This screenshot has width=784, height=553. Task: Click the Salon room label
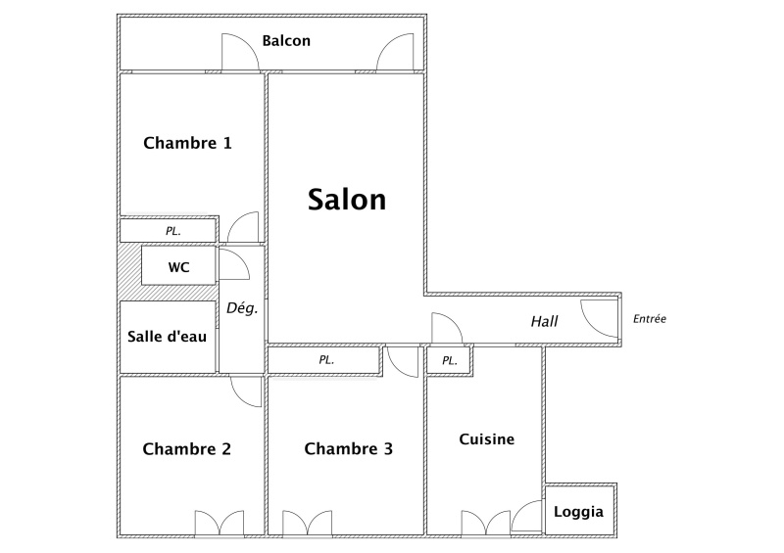pos(347,200)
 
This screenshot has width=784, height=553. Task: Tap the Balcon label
pos(286,40)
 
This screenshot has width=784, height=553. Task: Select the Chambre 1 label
pos(187,143)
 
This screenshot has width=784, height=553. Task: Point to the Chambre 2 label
pos(186,448)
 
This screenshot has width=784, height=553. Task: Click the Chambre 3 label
pos(348,448)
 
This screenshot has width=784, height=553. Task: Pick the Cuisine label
pos(486,439)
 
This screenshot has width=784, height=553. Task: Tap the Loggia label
pos(578,512)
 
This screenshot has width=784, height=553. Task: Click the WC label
pos(178,267)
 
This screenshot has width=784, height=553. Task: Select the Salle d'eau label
pos(167,336)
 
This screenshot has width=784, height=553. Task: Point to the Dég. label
pos(242,308)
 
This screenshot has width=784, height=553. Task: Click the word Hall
pos(544,321)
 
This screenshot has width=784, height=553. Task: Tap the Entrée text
pos(650,319)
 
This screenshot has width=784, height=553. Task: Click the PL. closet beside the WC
pos(173,231)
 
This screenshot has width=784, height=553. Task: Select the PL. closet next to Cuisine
pos(450,361)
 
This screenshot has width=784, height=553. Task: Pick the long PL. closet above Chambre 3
pos(326,360)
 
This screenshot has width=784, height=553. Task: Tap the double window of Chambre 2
pos(219,524)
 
